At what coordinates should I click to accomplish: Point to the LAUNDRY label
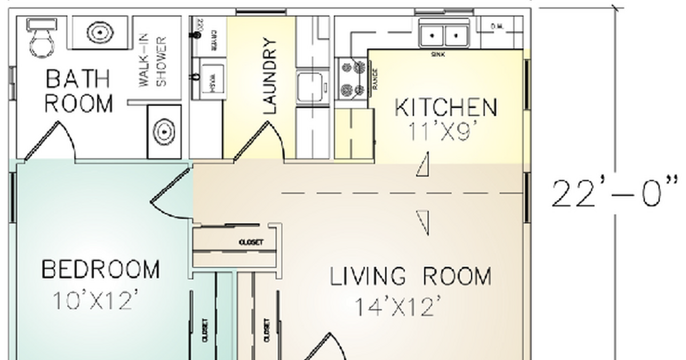point(269,75)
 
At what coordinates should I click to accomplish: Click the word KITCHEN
point(446,107)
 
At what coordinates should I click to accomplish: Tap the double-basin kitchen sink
point(444,35)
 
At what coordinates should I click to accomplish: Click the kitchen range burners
point(352,78)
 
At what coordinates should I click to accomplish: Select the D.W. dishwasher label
point(497,26)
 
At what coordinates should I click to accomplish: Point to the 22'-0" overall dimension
point(615,193)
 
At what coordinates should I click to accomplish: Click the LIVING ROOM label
point(410,277)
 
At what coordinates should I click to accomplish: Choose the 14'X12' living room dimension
point(398,307)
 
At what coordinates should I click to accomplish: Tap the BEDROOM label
point(101,269)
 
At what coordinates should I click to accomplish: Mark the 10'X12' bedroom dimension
point(96,300)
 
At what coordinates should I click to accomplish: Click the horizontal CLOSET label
point(251,242)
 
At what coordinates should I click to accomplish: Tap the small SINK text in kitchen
point(438,54)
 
